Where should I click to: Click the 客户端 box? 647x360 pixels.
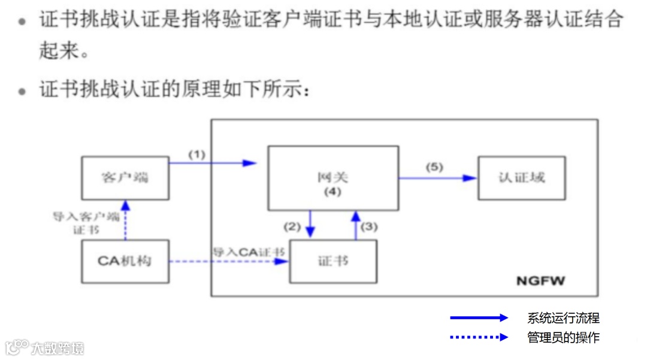125,178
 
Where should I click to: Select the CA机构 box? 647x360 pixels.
125,261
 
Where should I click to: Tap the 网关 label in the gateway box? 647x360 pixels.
332,178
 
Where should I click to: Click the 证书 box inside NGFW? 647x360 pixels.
333,261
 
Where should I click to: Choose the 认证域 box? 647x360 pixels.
521,178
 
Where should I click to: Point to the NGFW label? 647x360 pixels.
540,280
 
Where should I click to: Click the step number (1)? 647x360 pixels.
197,154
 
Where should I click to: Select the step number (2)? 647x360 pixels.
292,227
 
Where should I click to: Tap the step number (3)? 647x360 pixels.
370,227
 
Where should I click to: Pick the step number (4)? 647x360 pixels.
332,192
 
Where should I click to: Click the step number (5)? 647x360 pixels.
434,167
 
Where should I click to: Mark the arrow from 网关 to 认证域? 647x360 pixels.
437,178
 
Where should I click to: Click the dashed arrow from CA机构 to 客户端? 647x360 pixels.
125,220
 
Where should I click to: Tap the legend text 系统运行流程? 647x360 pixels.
563,318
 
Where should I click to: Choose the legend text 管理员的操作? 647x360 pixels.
563,337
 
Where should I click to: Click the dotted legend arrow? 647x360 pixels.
479,337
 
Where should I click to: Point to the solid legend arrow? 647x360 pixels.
479,318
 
